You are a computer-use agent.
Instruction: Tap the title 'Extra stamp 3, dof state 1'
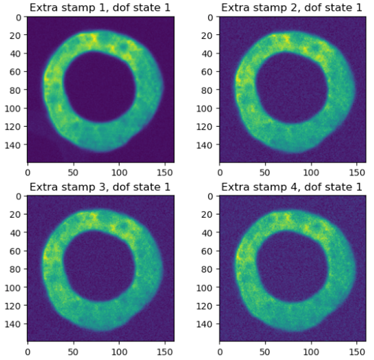pos(100,187)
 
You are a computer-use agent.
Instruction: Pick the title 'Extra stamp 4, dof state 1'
pos(292,187)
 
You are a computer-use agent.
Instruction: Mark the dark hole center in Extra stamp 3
pos(100,266)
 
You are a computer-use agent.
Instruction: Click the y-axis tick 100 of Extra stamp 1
pos(15,108)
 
